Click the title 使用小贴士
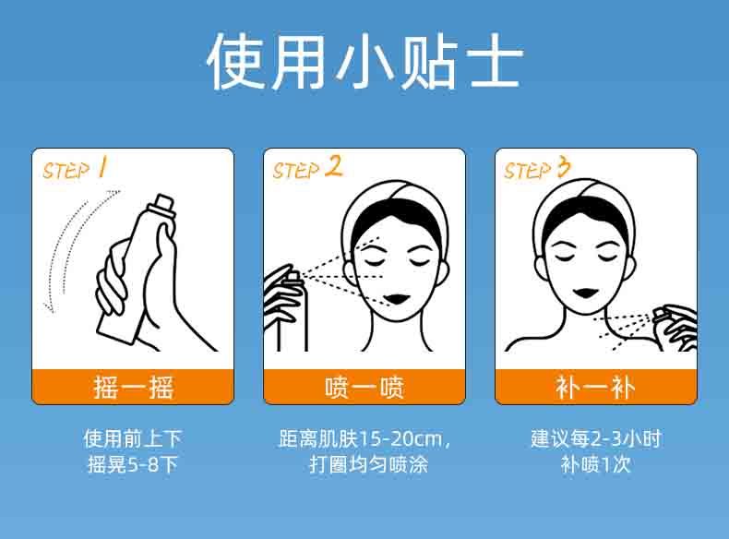tap(365, 61)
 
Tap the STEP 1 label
tap(75, 169)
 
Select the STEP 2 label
tap(307, 168)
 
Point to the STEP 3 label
tap(537, 168)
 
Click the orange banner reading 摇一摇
tap(133, 387)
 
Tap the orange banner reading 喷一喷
tap(364, 387)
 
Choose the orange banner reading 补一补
tap(596, 387)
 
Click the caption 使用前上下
tap(133, 438)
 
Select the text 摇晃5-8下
tap(133, 464)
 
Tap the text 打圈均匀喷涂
tap(368, 464)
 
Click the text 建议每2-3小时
tap(596, 438)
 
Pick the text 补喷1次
tap(595, 464)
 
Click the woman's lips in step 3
tap(585, 293)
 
